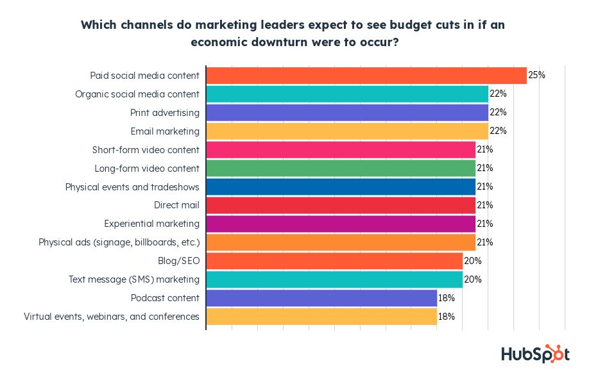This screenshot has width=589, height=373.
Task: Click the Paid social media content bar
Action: point(366,75)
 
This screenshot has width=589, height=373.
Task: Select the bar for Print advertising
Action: point(346,112)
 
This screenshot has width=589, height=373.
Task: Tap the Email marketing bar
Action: point(346,131)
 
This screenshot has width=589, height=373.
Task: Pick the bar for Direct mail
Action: point(340,205)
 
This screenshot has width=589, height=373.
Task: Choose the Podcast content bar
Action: point(321,298)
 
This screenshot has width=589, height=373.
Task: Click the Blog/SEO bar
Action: point(334,261)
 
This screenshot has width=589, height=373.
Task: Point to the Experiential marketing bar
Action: point(340,224)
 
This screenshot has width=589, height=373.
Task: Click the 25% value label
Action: point(536,75)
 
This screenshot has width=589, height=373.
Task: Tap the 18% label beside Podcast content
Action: point(447,298)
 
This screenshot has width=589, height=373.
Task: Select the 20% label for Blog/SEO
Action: point(472,261)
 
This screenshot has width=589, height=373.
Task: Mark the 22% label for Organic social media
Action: point(498,94)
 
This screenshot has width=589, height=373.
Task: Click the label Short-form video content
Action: point(146,149)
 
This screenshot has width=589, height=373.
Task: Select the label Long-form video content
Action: point(147,168)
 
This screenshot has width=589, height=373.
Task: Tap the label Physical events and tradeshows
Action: point(132,187)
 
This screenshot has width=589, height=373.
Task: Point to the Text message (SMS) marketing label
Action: point(134,279)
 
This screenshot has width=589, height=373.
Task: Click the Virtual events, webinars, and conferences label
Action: point(112,317)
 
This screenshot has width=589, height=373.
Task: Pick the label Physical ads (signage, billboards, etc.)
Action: point(119,242)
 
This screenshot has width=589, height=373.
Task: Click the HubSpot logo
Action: point(534,353)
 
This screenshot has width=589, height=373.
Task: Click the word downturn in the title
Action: point(278,42)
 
